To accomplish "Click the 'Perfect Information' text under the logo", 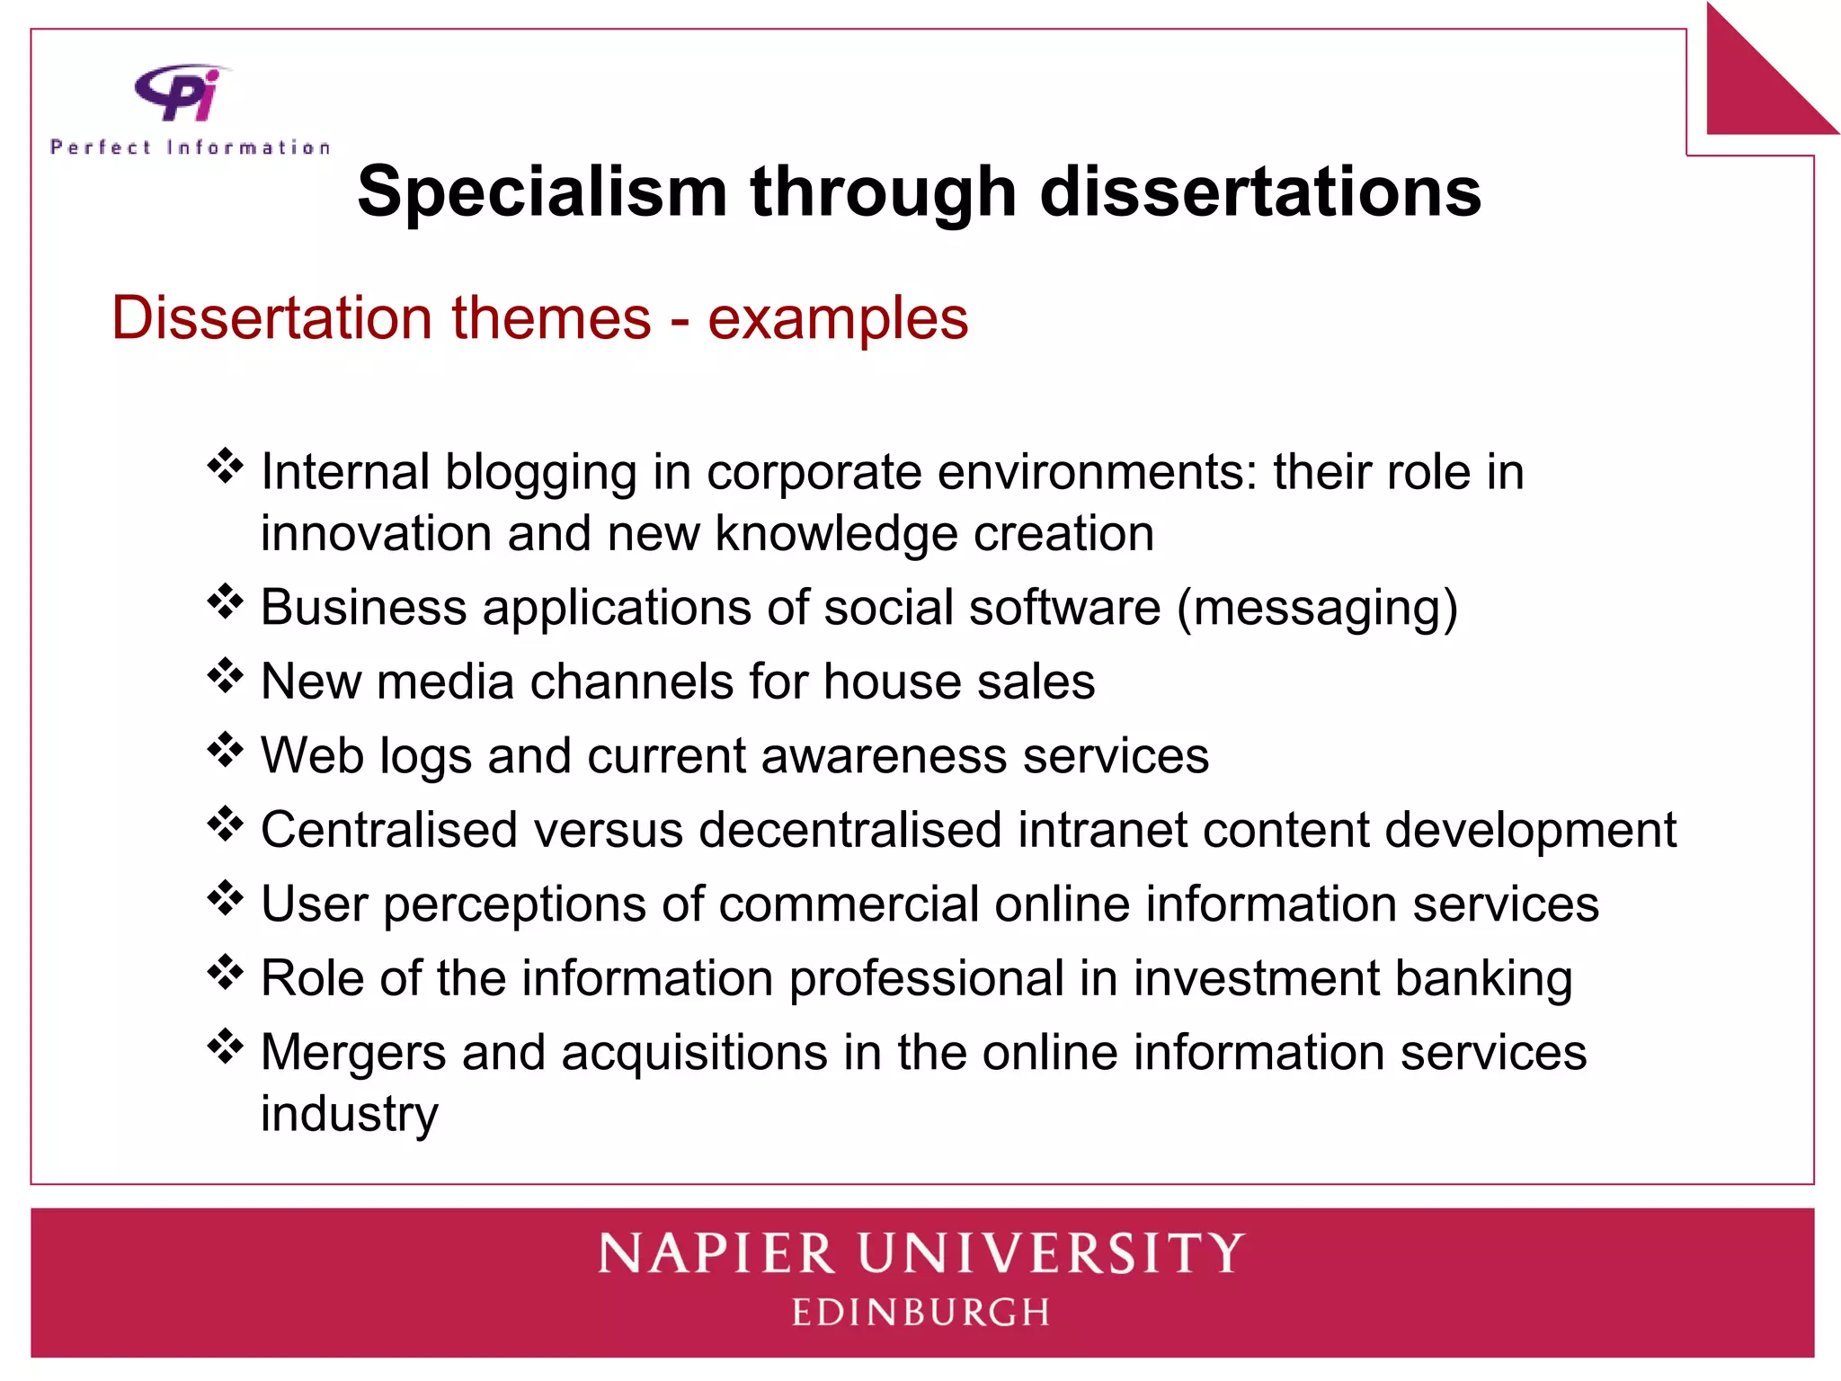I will (191, 147).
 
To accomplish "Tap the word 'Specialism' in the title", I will (542, 192).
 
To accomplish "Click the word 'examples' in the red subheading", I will (838, 318).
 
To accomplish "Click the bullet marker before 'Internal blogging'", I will (225, 466).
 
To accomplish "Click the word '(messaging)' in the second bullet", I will (1317, 608).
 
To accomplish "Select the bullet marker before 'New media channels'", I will (225, 675).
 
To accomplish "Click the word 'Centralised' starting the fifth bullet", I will (388, 829).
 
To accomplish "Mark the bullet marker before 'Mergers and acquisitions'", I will (225, 1046).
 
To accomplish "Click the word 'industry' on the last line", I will (350, 1115).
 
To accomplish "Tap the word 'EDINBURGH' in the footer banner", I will (920, 1313).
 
